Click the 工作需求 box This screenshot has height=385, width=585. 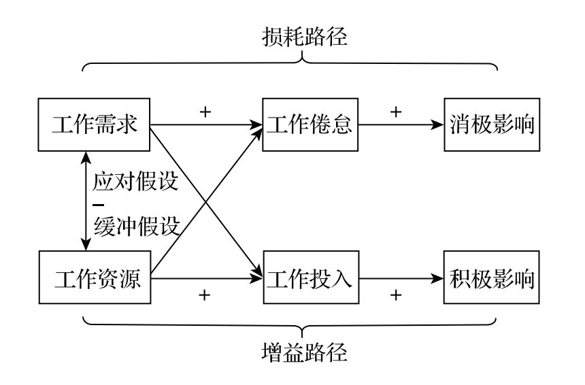(95, 125)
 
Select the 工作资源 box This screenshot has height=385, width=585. (95, 278)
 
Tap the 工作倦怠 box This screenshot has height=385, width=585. (310, 125)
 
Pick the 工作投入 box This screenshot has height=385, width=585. (310, 278)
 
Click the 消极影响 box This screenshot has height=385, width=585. (492, 125)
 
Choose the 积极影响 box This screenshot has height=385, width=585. (492, 278)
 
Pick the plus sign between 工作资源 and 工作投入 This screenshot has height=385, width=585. (203, 296)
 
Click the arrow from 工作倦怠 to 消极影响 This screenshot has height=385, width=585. (401, 125)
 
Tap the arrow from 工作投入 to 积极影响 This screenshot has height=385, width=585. (401, 278)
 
